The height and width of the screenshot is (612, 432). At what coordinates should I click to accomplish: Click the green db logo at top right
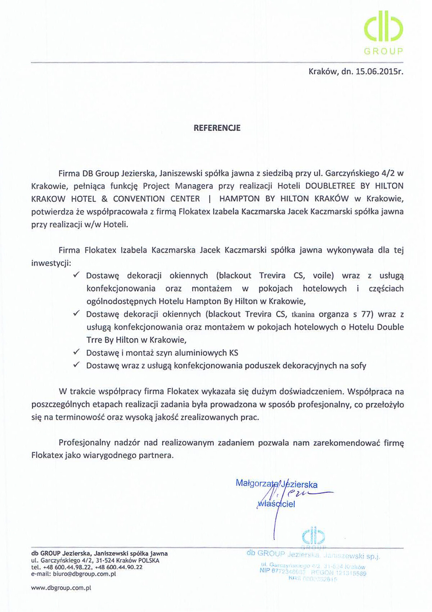tap(383, 30)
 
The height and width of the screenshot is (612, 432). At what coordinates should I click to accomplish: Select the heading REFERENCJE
tap(217, 128)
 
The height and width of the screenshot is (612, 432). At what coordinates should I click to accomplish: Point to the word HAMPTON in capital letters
tap(239, 199)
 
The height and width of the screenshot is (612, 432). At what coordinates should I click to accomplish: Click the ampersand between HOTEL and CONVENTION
tap(104, 199)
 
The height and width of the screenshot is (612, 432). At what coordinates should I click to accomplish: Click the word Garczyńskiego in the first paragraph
tap(351, 173)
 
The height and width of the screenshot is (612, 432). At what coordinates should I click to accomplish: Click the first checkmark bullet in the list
tap(76, 275)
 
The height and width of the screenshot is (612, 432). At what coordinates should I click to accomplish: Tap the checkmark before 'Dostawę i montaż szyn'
tap(76, 352)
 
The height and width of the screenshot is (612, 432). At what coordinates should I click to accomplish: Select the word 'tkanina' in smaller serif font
tap(303, 315)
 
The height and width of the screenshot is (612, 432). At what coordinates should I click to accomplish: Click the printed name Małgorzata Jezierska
tap(276, 484)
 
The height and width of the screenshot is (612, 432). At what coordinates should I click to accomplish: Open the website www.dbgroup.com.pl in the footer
tap(61, 588)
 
